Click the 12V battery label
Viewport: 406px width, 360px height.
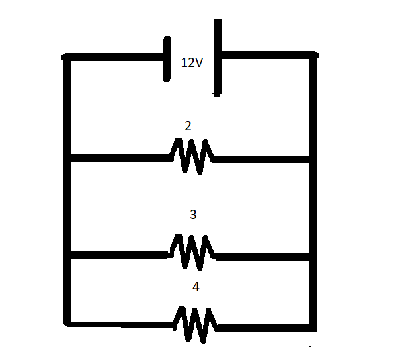pyautogui.click(x=192, y=62)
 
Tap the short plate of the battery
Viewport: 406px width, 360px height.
pyautogui.click(x=167, y=59)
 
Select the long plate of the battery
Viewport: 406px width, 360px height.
pyautogui.click(x=218, y=58)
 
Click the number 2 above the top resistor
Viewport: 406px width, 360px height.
pyautogui.click(x=188, y=126)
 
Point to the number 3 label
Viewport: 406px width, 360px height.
pyautogui.click(x=193, y=214)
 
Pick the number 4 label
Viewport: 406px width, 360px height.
pyautogui.click(x=196, y=287)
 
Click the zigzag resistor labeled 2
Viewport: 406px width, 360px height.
pyautogui.click(x=192, y=156)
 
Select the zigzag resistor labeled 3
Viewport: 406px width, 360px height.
pyautogui.click(x=192, y=252)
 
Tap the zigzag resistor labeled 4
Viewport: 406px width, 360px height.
pyautogui.click(x=195, y=325)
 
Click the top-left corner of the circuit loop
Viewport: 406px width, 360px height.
pyautogui.click(x=66, y=57)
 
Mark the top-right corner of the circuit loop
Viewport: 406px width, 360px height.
pyautogui.click(x=313, y=55)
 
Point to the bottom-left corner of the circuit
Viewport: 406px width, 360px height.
pyautogui.click(x=67, y=323)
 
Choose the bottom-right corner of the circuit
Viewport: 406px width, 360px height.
pyautogui.click(x=313, y=328)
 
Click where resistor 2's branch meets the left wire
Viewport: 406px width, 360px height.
pyautogui.click(x=67, y=158)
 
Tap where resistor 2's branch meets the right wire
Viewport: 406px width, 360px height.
pyautogui.click(x=313, y=159)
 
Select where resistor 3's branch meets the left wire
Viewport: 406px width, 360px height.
pyautogui.click(x=67, y=255)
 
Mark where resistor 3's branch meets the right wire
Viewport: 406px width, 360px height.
pyautogui.click(x=313, y=257)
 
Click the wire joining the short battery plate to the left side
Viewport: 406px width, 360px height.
pyautogui.click(x=114, y=57)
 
